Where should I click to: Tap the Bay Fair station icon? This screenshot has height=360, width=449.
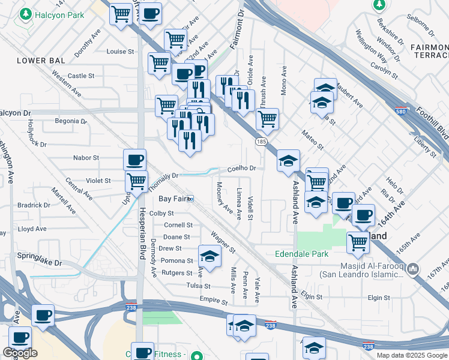coord(190,199)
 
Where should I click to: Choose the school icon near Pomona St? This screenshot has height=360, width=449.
coord(209,256)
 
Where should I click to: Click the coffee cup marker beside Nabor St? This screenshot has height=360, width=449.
coord(134,160)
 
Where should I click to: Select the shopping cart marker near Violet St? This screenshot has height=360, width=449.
coord(137,180)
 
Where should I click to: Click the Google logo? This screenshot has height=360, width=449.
coord(20,353)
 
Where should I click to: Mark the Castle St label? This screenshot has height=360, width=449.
coord(81,76)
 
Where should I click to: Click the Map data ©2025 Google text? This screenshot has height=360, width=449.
coord(411,355)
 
